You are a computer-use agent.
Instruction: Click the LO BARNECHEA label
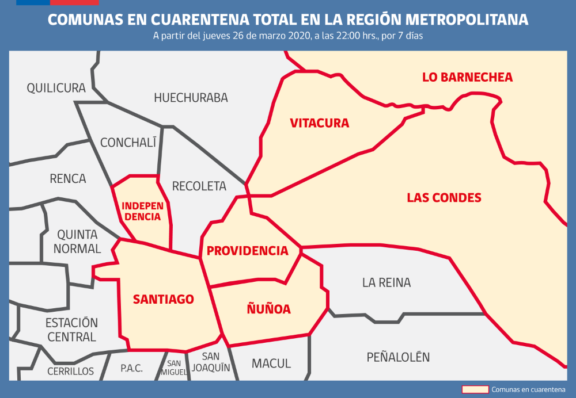(x=467, y=77)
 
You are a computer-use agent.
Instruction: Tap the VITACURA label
(x=320, y=123)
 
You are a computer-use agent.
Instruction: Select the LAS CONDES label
(x=444, y=198)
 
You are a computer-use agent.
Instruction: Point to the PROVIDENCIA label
(x=247, y=251)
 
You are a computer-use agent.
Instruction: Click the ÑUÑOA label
(x=268, y=309)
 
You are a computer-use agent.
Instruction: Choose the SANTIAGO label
(x=163, y=299)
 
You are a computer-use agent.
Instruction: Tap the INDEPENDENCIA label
(x=142, y=211)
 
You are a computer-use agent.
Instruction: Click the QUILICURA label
(x=56, y=88)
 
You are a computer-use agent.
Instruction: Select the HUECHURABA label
(x=191, y=98)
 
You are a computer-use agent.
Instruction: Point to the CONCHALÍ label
(x=128, y=143)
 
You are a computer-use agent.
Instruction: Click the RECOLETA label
(x=199, y=186)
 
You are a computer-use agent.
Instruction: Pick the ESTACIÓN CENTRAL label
(x=71, y=330)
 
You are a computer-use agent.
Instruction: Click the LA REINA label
(x=386, y=282)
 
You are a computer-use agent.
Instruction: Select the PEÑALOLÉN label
(x=398, y=357)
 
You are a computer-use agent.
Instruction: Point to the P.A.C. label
(x=132, y=369)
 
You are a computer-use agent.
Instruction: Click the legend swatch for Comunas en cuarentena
(x=475, y=389)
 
